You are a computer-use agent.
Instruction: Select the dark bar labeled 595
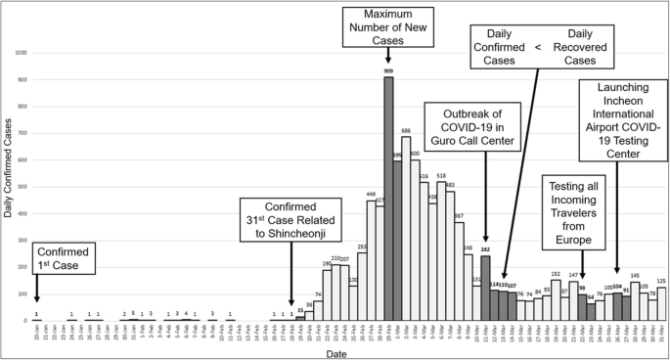pyautogui.click(x=397, y=241)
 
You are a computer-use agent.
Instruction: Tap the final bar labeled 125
pyautogui.click(x=661, y=304)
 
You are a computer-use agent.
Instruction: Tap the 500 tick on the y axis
pyautogui.click(x=21, y=187)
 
